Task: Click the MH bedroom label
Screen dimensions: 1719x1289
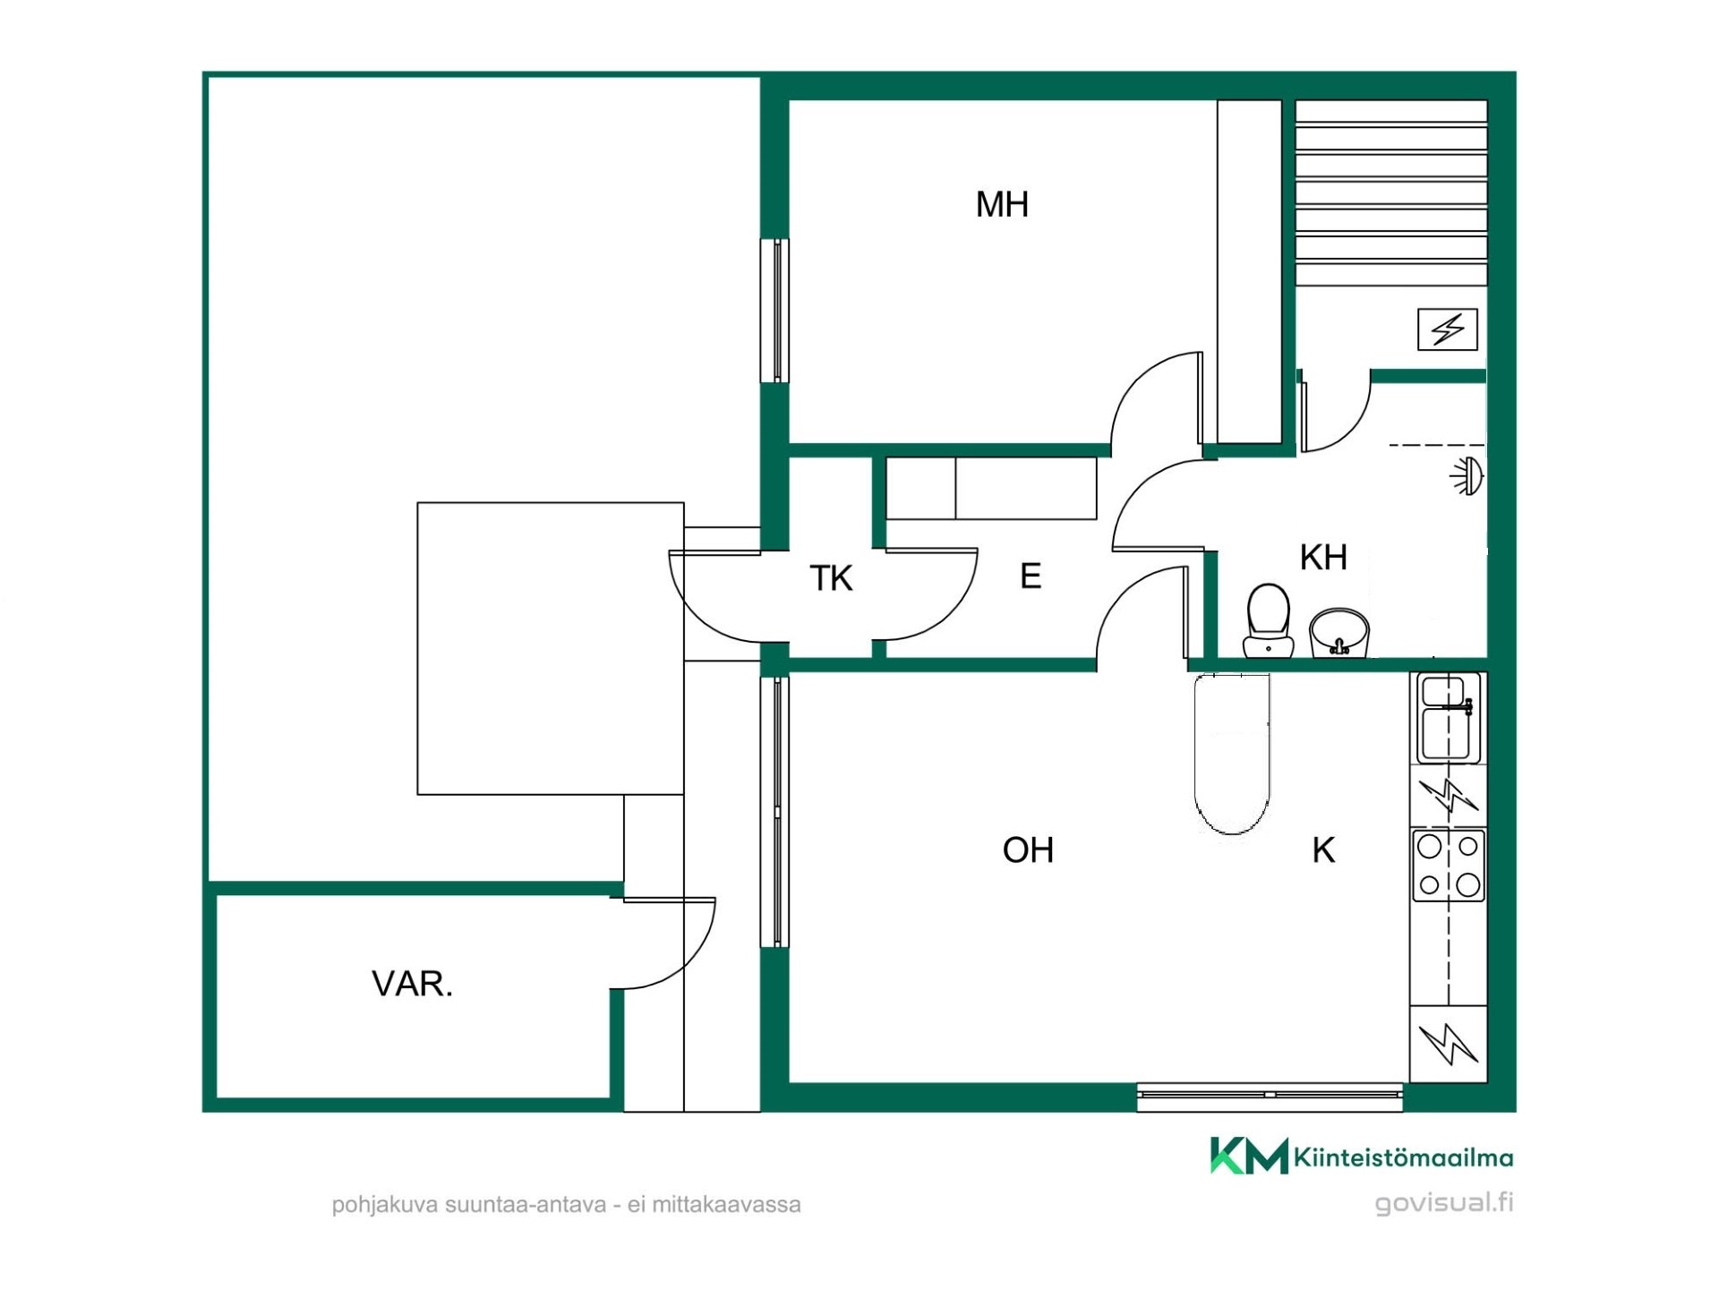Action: tap(1002, 204)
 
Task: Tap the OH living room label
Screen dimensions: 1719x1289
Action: tap(1028, 849)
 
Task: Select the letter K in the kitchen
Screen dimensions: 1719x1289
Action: tap(1323, 849)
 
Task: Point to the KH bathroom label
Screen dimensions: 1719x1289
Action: tap(1323, 557)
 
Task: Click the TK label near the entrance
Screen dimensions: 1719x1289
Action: tap(831, 578)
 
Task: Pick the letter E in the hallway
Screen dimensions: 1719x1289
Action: tap(1031, 576)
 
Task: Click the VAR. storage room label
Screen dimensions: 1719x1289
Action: tap(412, 984)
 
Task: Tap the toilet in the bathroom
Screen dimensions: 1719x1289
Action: tap(1268, 620)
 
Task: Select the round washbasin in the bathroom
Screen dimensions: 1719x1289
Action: tap(1339, 633)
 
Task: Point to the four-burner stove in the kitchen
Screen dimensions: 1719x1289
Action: tap(1449, 866)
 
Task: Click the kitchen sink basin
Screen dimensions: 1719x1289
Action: tap(1449, 718)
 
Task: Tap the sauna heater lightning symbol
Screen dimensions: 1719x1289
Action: tap(1448, 329)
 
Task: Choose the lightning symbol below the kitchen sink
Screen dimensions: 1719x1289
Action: tap(1448, 795)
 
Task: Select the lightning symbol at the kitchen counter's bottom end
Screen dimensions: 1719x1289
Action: tap(1448, 1043)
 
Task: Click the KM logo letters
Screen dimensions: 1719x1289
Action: tap(1249, 1156)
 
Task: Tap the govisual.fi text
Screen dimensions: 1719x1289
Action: tap(1444, 1202)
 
